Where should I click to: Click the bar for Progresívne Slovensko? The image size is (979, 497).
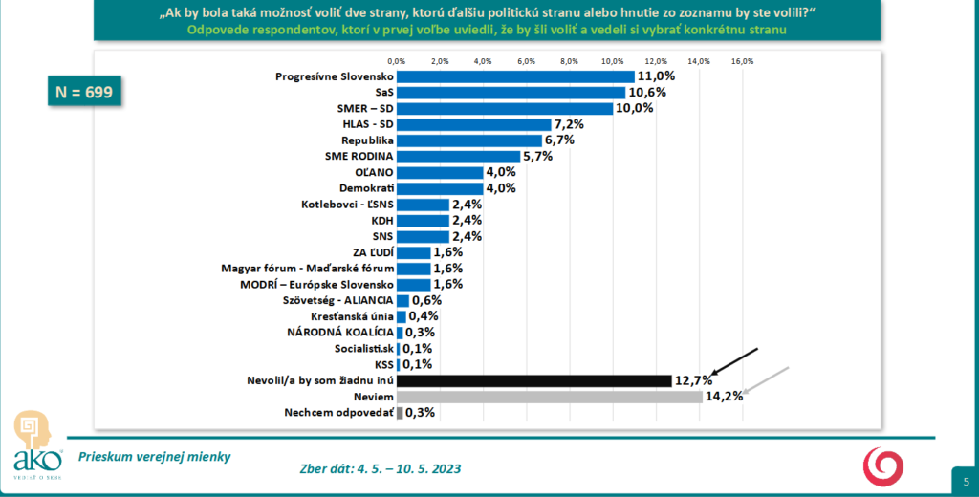click(515, 76)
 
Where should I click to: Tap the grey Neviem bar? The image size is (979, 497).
click(550, 397)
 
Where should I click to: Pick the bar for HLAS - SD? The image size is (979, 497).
click(474, 124)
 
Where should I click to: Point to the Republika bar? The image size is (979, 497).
click(468, 140)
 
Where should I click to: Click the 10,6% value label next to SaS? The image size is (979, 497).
click(646, 93)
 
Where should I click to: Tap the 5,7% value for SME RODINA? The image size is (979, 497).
click(538, 157)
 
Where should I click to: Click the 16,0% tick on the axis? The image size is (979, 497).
click(743, 61)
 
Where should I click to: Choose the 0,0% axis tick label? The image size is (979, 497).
click(397, 61)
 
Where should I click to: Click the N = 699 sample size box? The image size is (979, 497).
click(82, 93)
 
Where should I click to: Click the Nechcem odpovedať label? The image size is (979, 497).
click(338, 413)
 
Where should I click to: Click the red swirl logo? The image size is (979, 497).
click(881, 465)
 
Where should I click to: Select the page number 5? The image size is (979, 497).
click(965, 480)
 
